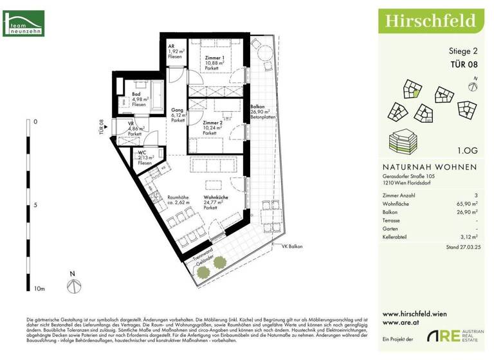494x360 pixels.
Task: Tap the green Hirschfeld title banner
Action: pos(430,21)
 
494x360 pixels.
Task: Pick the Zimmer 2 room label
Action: pos(212,122)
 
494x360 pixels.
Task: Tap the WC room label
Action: pos(142,152)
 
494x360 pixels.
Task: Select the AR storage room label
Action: pos(172,47)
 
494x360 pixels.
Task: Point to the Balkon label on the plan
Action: pos(258,107)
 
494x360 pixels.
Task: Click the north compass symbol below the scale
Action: pos(74,283)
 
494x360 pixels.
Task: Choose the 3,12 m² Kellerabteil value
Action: pos(466,237)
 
